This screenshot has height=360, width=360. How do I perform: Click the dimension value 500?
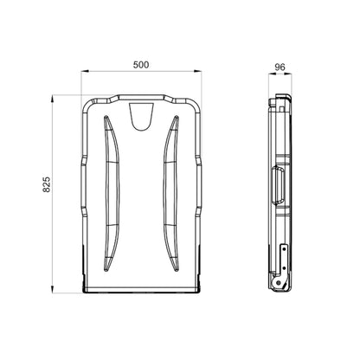coord(141,65)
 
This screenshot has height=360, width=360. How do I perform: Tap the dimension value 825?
coord(47,184)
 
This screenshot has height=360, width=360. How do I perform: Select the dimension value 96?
coord(280,67)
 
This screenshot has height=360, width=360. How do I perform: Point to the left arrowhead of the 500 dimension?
coord(84,71)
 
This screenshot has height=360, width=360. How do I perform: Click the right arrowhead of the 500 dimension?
coord(197,71)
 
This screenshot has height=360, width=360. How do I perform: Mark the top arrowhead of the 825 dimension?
coord(52,99)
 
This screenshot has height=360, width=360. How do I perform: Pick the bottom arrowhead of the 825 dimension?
coord(52,289)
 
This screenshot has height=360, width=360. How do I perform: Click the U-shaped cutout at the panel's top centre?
coord(141,117)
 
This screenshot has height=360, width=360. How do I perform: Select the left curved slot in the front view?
coord(112,193)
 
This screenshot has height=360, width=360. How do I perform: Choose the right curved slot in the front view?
coord(170,193)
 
